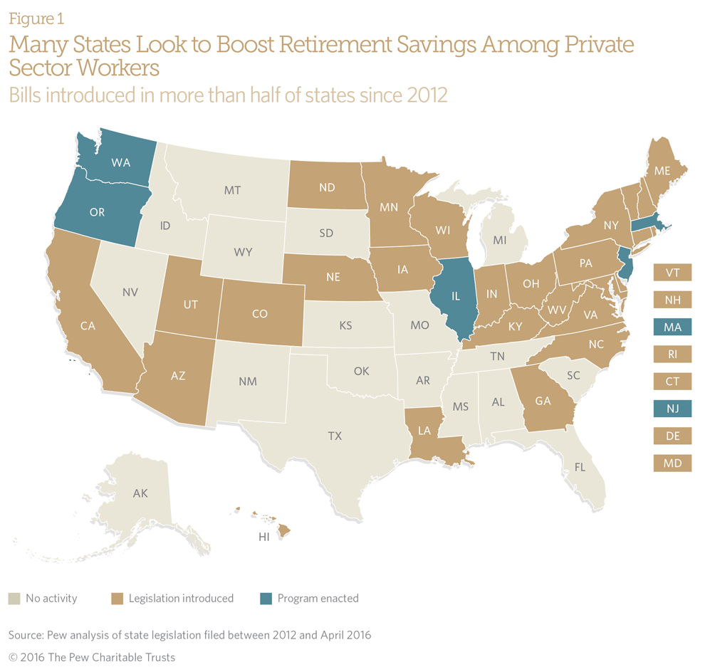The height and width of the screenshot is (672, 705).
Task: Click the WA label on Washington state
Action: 120,162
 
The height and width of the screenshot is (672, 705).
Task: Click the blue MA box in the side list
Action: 672,327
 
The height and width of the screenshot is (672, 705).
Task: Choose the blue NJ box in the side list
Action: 672,409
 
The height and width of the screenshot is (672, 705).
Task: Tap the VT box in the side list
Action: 672,273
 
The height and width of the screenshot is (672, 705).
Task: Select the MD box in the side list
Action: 672,463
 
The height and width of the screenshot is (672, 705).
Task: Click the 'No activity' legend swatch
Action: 14,599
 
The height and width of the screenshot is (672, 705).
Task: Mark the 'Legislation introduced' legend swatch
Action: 118,599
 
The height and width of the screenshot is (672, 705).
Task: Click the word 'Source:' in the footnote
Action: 27,634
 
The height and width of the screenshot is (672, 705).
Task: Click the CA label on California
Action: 88,326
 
